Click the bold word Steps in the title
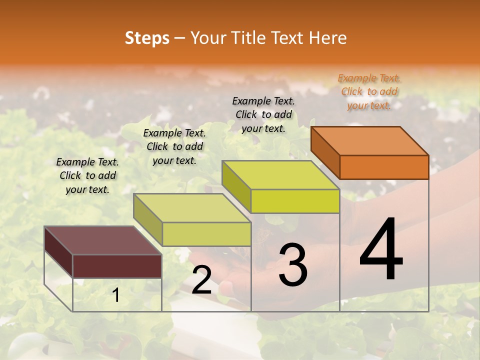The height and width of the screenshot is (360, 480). (x=147, y=38)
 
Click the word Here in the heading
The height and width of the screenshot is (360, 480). (x=328, y=38)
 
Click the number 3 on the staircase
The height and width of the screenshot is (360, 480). (x=293, y=265)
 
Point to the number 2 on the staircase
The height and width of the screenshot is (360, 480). (x=201, y=280)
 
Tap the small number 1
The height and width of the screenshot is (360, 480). (x=116, y=295)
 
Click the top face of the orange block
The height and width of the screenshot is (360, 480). (x=370, y=140)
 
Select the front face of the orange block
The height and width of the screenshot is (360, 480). (x=384, y=167)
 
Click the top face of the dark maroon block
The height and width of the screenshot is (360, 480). (x=102, y=240)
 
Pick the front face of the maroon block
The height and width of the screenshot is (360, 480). (x=117, y=266)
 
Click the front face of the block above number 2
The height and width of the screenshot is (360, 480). (x=206, y=234)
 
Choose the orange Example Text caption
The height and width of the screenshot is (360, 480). (x=369, y=91)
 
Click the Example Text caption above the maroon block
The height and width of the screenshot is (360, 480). (x=87, y=175)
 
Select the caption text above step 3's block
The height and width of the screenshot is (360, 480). (x=263, y=114)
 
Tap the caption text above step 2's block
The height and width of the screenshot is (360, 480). (x=174, y=146)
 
